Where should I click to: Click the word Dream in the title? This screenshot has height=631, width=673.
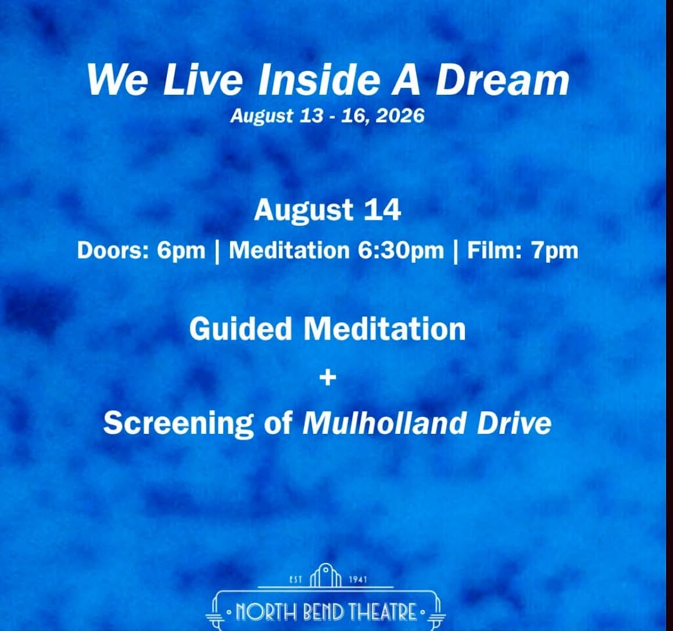coord(503,80)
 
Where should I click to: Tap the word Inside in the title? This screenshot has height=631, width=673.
coord(318,80)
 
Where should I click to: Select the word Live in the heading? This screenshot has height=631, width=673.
coord(203,80)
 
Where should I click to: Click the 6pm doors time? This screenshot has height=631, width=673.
coord(181,251)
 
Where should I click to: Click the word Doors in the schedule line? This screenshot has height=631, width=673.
coord(113,251)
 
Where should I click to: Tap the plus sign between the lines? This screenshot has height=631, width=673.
coord(328,377)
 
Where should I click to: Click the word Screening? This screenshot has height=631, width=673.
coord(178,423)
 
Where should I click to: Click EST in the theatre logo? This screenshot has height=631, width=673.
coord(296,579)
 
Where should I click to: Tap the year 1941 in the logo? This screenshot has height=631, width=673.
coord(358,579)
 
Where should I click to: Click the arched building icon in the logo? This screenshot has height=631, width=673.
coord(325,575)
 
